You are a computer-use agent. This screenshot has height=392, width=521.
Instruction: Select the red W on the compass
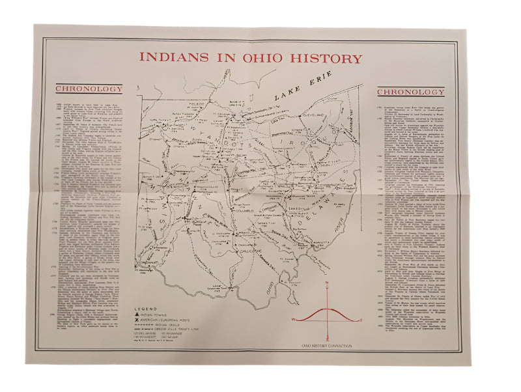(294, 319)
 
